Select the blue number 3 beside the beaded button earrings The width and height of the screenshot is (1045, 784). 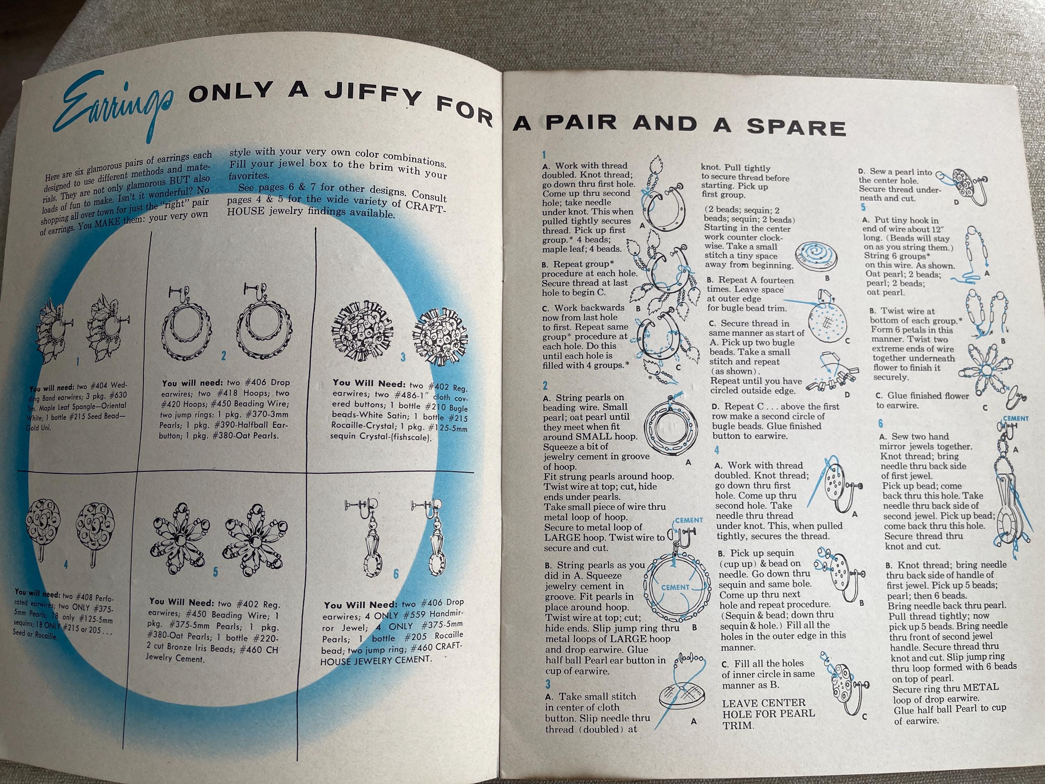tap(403, 357)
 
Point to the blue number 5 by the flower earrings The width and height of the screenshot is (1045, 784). tap(215, 572)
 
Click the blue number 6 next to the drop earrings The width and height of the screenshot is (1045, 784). tap(396, 573)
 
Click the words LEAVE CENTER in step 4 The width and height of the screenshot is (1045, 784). tap(764, 703)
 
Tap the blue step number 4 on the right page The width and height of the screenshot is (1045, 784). tap(717, 449)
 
